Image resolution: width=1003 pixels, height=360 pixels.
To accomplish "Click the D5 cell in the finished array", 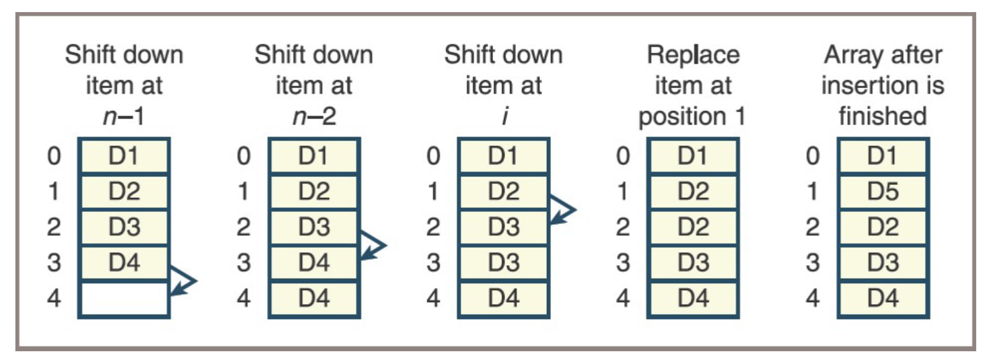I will pos(883,192).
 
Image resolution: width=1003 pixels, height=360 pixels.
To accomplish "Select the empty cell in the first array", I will pos(124,297).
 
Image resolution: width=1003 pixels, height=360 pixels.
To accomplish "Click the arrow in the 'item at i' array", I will pos(562,209).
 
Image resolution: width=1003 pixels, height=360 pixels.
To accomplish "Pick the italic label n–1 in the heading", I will pos(124,116).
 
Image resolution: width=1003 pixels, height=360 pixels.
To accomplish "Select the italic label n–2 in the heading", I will pos(313,116).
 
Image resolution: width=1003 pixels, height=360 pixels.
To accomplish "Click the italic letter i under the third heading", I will pos(503,116).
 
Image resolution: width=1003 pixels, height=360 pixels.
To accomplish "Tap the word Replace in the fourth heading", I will pos(693,55).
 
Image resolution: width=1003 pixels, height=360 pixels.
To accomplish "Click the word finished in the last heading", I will pos(882,116).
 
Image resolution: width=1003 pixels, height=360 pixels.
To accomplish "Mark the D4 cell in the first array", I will pos(124,262).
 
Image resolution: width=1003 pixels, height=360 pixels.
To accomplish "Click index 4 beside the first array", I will pos(54,297).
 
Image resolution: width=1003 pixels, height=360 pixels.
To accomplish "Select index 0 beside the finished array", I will pos(813,156).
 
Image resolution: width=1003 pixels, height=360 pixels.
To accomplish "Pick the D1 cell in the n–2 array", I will pos(313,156).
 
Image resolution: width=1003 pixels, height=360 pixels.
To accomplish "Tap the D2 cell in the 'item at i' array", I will pos(503,192).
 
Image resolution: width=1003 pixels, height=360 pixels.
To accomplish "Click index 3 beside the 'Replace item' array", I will pos(623,262).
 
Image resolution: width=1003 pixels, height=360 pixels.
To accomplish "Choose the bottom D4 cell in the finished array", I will pos(883,297).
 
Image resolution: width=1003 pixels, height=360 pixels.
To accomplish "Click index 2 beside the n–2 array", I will pos(244,227).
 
